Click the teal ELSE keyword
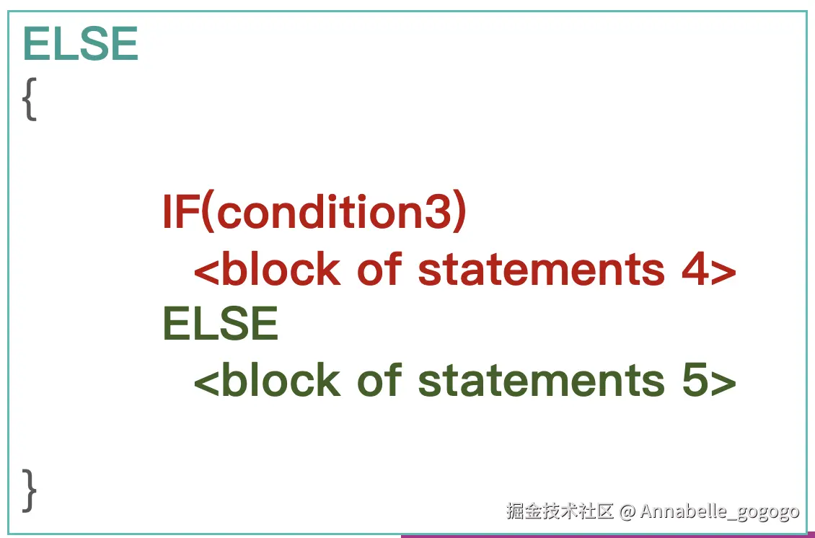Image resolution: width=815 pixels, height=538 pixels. point(81,44)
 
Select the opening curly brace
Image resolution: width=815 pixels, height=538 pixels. point(30,100)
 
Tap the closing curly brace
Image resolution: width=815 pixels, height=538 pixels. point(30,490)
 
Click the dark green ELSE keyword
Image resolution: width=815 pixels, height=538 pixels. point(221,323)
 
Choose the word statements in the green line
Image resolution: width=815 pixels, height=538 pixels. point(541,381)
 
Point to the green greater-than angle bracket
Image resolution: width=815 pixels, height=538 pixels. point(723,383)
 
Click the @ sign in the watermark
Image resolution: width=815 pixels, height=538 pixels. point(627,511)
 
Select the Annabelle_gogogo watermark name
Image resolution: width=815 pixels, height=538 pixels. point(719,512)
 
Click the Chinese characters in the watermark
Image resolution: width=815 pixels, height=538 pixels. point(560,511)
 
